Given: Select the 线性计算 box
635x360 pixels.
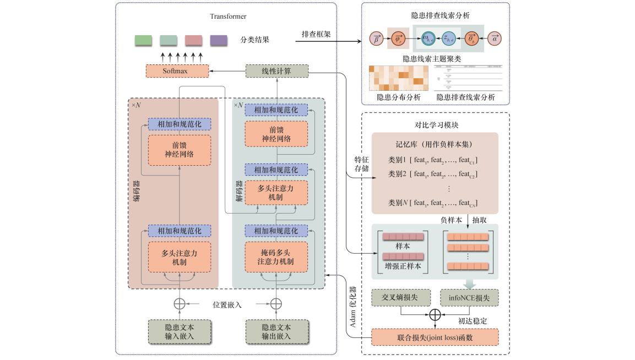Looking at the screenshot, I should click(276, 71).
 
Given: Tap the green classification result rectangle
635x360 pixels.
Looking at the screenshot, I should click(143, 40).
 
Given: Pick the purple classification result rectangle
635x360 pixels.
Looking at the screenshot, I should click(219, 40).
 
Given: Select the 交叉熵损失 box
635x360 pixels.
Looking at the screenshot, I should click(400, 298).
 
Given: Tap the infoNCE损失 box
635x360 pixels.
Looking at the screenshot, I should click(469, 298).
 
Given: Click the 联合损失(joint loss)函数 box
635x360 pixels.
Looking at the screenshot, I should click(435, 336).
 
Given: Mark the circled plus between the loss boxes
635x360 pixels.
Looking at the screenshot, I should click(435, 315).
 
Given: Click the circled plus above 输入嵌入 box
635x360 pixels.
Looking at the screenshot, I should click(180, 304).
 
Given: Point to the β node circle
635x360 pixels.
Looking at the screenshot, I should click(377, 39).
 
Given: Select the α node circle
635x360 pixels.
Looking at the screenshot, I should click(495, 39).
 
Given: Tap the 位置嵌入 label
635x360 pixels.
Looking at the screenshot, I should click(227, 304).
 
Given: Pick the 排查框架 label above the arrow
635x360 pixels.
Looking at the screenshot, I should click(316, 34).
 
